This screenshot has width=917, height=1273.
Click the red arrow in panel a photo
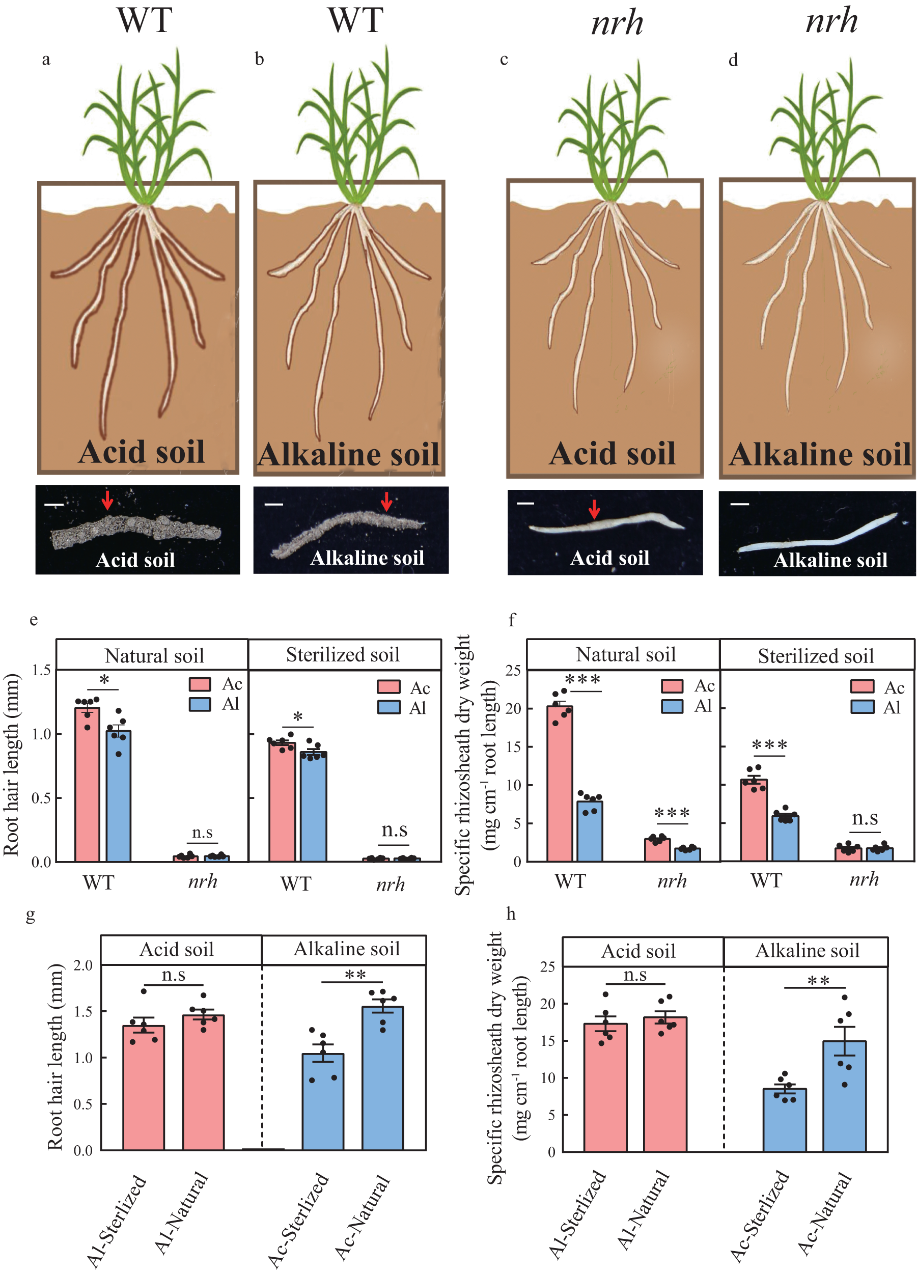[107, 499]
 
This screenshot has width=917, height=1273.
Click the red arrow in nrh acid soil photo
[594, 509]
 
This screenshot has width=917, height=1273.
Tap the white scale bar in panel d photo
[739, 504]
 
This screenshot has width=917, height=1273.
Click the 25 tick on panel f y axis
[513, 670]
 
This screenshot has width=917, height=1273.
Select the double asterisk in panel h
[818, 981]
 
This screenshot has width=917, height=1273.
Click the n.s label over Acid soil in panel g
[174, 975]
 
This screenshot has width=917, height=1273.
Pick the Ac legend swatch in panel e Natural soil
[200, 684]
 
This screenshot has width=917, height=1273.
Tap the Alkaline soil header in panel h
[807, 951]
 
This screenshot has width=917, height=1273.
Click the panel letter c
[504, 60]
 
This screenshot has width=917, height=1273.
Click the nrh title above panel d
[831, 21]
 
